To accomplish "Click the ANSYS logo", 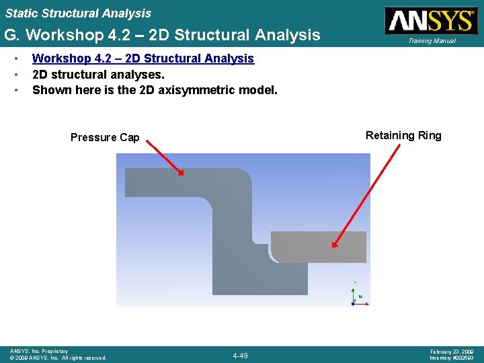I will pos(430,20).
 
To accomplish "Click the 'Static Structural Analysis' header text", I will pos(78,13).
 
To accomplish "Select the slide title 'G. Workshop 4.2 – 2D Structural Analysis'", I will pos(162,34).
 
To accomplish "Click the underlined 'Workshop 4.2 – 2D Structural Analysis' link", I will pos(143,58).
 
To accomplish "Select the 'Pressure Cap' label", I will pos(105,137).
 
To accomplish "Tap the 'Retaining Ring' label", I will pos(403,135).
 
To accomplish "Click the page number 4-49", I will pos(239,355).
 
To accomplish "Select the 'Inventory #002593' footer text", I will pos(452,358).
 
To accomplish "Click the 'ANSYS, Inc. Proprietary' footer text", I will pos(39,351).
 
